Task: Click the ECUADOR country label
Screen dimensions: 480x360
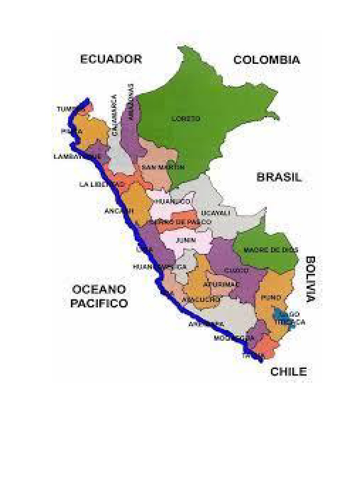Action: (x=111, y=59)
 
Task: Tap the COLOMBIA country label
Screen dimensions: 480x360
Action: (x=267, y=60)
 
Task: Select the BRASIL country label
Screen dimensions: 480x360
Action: (x=279, y=177)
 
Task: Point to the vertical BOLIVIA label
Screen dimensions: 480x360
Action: (x=310, y=278)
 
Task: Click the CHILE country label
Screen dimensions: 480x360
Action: (x=288, y=372)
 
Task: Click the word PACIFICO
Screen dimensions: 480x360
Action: (x=99, y=303)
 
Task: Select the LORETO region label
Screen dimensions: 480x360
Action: (x=186, y=119)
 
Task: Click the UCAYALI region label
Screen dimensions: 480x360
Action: (x=216, y=213)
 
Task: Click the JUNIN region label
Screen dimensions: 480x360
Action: (x=183, y=240)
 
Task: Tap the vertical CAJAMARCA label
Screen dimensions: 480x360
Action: (x=114, y=115)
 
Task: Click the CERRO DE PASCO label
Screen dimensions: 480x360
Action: (x=184, y=222)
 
